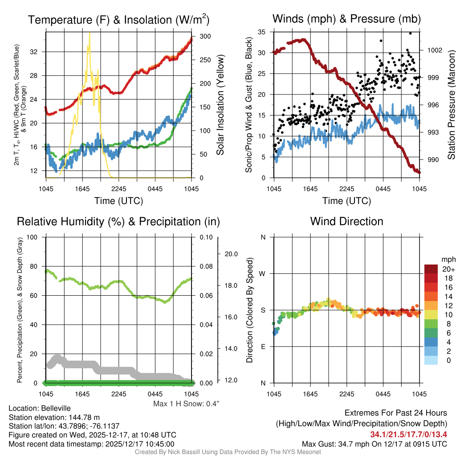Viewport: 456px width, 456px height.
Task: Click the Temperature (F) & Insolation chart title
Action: pos(118,20)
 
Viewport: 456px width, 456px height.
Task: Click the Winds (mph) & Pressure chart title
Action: pos(346,19)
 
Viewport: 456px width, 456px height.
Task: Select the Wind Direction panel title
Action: pos(346,221)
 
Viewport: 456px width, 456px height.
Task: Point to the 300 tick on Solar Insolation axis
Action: pos(199,37)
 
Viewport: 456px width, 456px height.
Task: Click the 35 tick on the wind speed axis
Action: pos(262,32)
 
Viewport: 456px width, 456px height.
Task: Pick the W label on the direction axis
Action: pos(263,273)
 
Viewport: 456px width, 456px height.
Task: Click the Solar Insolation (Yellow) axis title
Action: pos(220,105)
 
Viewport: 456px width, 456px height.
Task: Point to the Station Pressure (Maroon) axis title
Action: pos(451,105)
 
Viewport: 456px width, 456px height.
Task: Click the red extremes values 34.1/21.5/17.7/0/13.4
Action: pos(408,434)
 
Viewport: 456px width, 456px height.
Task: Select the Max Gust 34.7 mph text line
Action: pos(374,444)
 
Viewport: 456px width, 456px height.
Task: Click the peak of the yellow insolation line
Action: pos(90,33)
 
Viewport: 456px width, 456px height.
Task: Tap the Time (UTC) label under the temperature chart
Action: pos(118,201)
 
